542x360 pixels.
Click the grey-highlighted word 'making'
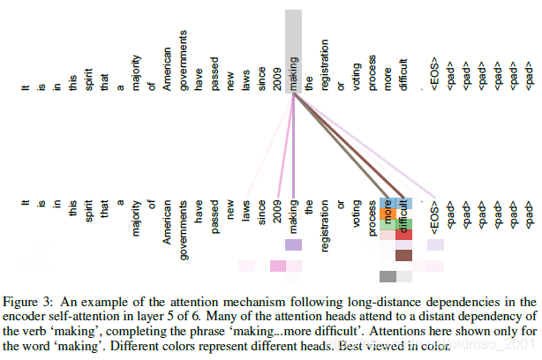tap(294, 53)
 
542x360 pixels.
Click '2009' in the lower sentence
tap(278, 211)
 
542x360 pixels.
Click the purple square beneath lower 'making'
tap(294, 245)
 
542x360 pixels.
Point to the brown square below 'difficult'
tap(403, 256)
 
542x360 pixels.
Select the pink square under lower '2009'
tap(278, 266)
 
